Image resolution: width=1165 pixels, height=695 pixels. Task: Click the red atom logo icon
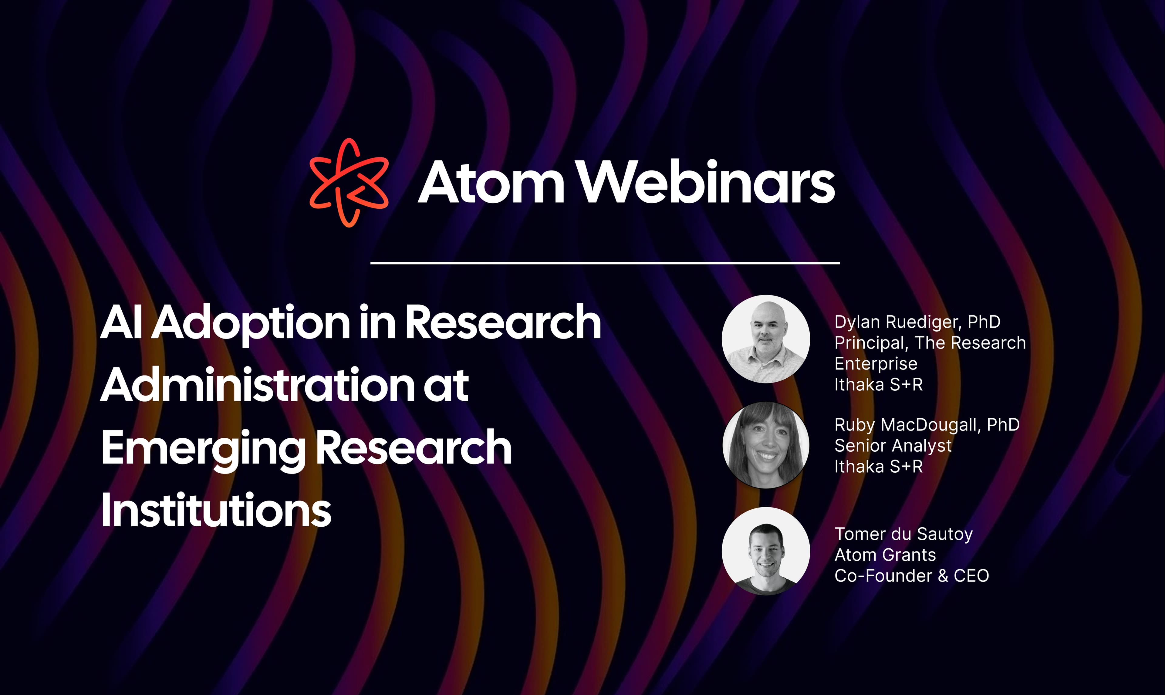pos(349,183)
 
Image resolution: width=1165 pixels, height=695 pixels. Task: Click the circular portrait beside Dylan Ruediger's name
pos(766,339)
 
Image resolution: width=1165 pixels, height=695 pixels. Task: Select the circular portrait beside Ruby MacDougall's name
pos(766,445)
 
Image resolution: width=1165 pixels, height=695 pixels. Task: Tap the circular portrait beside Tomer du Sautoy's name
pos(766,551)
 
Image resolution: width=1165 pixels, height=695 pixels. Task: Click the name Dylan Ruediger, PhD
pos(917,322)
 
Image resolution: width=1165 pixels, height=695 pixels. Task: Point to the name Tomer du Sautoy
pos(904,534)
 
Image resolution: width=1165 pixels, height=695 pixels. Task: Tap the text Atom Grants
pos(885,555)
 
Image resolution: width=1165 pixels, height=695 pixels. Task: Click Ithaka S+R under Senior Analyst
pos(878,467)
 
